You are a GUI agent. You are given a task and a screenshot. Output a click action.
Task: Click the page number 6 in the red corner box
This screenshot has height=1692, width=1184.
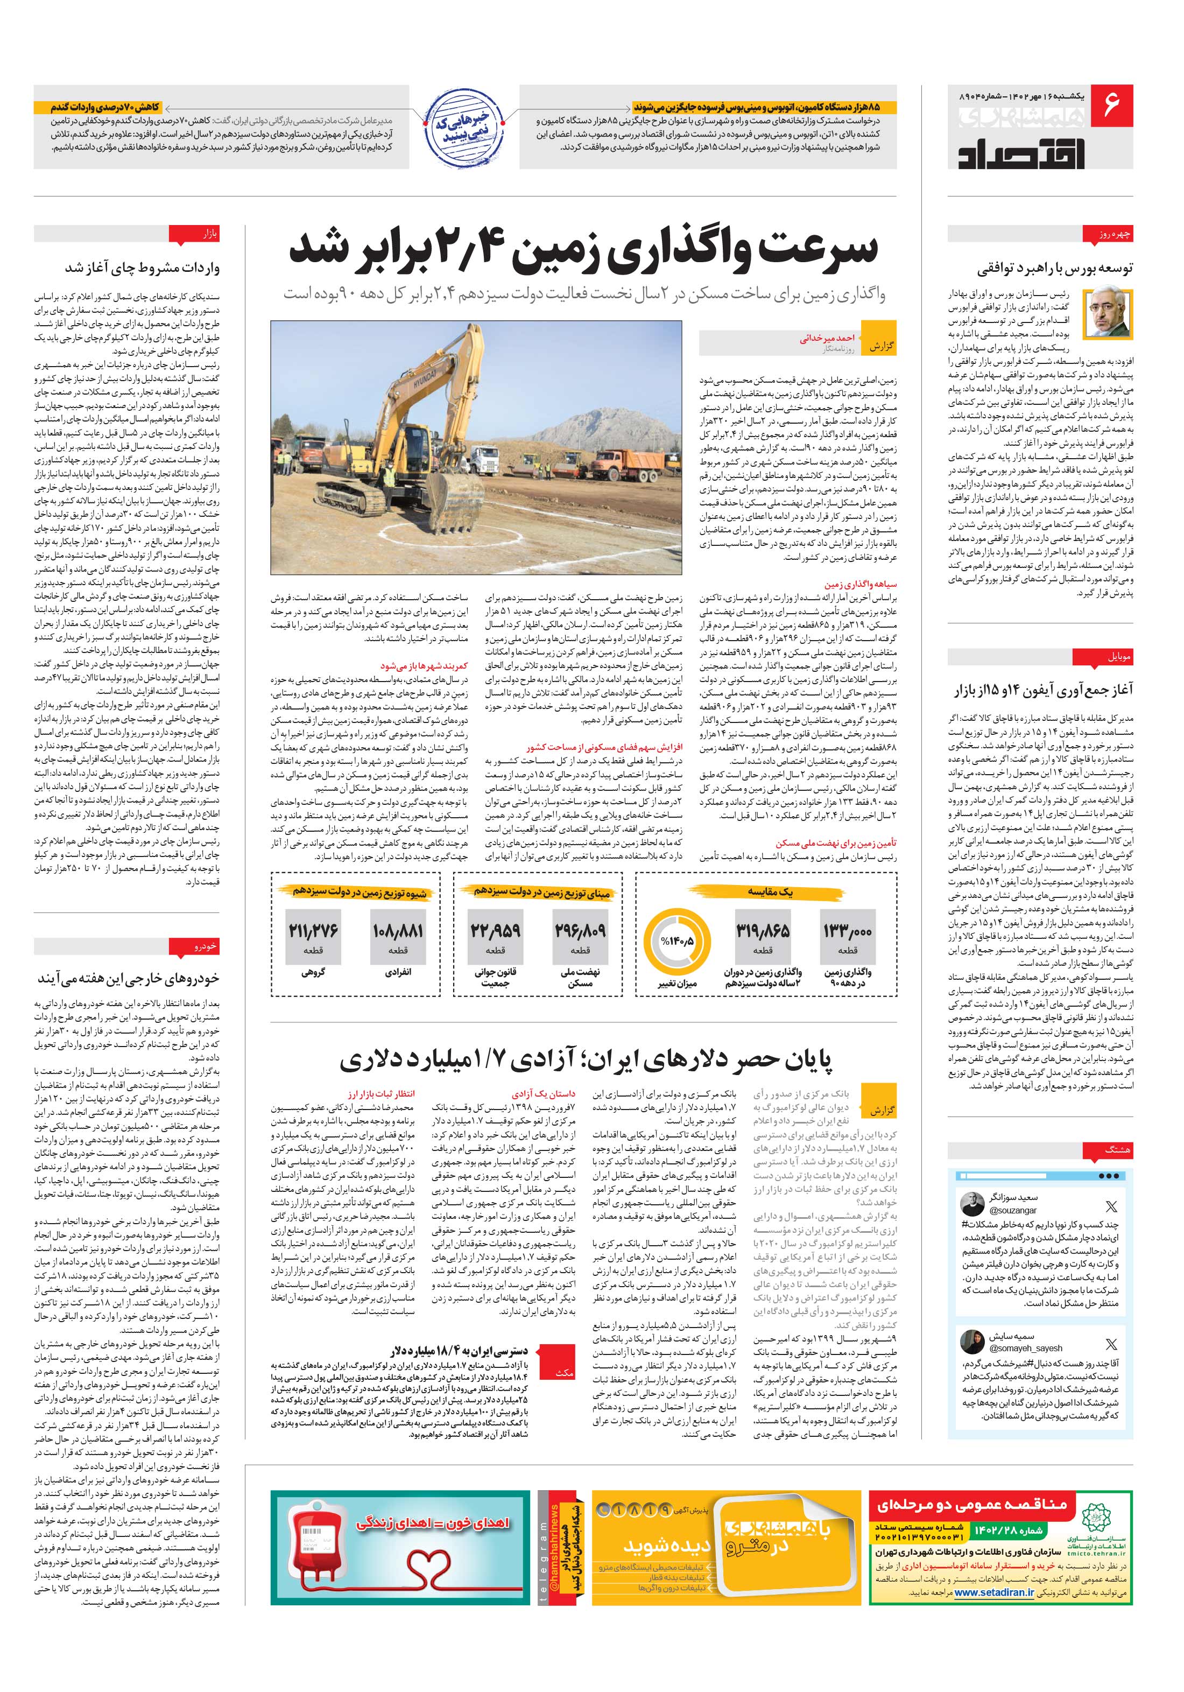click(1112, 104)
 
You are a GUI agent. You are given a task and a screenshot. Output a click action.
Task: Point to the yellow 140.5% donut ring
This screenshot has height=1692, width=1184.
click(677, 941)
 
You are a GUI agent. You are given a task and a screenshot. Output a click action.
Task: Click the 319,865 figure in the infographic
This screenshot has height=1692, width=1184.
click(762, 931)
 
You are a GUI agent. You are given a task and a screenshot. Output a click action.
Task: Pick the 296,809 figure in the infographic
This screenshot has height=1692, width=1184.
click(581, 931)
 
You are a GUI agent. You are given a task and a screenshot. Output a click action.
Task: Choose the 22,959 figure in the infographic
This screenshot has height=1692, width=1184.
click(495, 931)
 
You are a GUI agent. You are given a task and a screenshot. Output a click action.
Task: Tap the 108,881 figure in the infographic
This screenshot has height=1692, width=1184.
click(398, 931)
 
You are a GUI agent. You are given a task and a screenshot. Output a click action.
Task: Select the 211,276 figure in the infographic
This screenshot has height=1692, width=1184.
click(313, 931)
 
